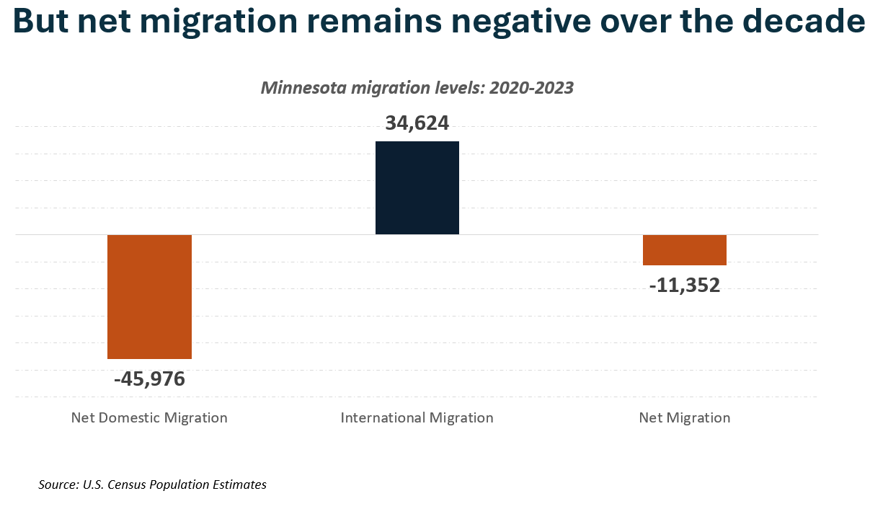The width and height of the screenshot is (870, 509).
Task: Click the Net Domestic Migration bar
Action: click(149, 296)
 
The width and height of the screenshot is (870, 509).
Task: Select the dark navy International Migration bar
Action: click(417, 187)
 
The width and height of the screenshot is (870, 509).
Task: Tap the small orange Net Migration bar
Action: click(684, 249)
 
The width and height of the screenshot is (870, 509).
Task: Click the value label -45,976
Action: click(149, 379)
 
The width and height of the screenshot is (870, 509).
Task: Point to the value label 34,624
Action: click(417, 123)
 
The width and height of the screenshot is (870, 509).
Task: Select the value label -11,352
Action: click(684, 286)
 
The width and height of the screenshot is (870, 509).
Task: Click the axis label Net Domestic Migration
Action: click(149, 417)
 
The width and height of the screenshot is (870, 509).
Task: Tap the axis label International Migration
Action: click(417, 417)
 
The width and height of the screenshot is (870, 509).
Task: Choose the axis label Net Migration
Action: click(684, 417)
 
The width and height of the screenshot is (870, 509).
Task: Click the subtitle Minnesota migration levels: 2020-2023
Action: click(417, 88)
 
